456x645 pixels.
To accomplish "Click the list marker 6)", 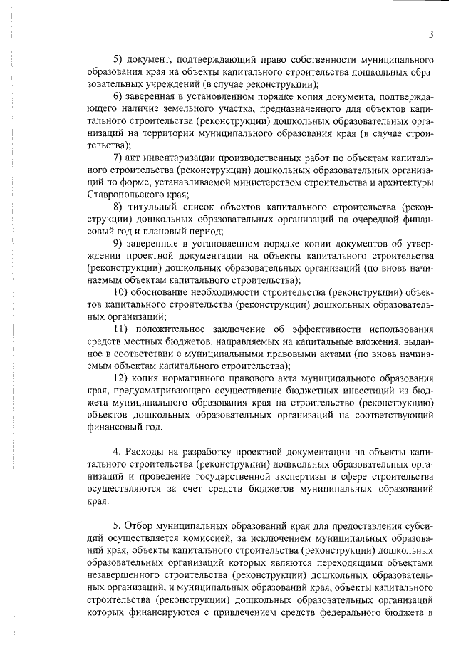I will pyautogui.click(x=120, y=96).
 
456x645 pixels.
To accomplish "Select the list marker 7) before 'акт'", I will pyautogui.click(x=120, y=157).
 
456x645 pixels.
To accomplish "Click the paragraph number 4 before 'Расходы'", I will pyautogui.click(x=118, y=452).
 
